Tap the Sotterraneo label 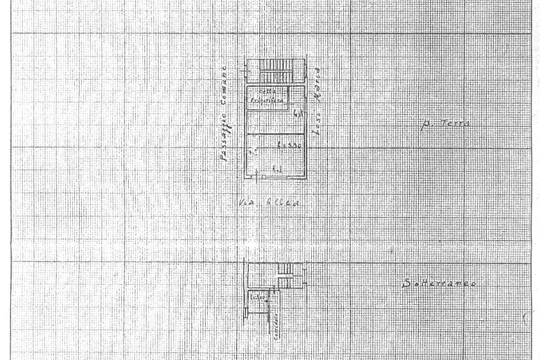click(x=438, y=284)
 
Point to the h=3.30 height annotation click(x=289, y=147)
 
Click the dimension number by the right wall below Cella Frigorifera click(x=297, y=112)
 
